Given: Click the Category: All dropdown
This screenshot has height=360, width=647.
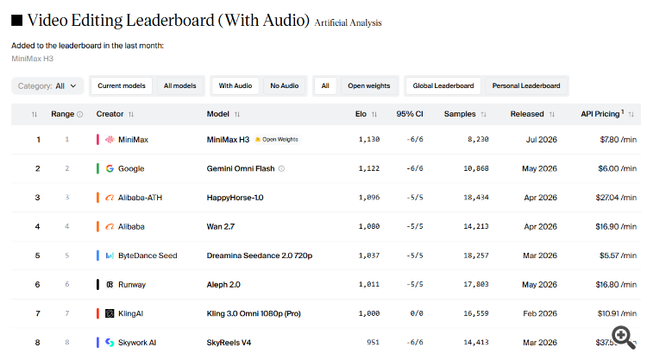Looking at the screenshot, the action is (47, 85).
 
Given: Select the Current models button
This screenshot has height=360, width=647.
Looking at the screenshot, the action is (122, 85).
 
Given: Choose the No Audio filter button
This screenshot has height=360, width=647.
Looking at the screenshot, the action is (285, 85).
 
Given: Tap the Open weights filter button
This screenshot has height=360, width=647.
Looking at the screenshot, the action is (369, 85).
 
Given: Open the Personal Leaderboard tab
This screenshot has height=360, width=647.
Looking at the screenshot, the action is (526, 85).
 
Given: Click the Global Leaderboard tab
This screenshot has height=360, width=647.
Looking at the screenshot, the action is (443, 85).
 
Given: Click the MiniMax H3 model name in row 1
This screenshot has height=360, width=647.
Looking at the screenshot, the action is (228, 140).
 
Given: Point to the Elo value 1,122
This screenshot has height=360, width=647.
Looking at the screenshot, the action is (369, 168).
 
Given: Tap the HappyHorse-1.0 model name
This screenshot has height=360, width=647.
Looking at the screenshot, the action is (235, 198).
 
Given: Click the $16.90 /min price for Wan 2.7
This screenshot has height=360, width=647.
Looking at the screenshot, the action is (616, 227).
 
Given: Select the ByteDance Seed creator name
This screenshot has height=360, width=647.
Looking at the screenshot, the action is (148, 256).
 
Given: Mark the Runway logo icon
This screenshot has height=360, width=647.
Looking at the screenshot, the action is (110, 284).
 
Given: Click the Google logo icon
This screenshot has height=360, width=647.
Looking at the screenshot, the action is (110, 168).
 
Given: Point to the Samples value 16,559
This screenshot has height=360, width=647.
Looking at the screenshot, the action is (475, 313).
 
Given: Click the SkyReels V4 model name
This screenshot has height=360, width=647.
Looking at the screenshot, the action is (229, 343).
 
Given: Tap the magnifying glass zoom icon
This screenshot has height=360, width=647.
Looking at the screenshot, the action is (624, 338).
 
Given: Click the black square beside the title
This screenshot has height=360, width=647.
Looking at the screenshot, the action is (17, 20).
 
